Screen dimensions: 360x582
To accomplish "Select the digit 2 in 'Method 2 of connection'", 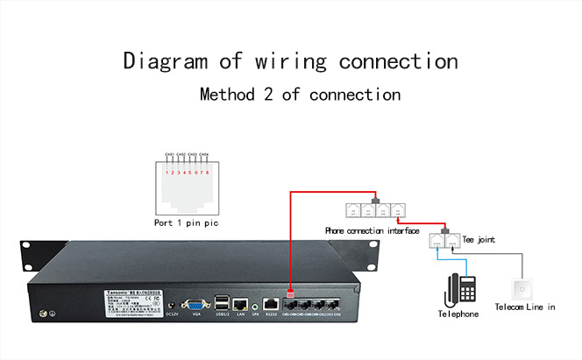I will click(x=273, y=95).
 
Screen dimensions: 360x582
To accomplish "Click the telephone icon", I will click(x=459, y=289).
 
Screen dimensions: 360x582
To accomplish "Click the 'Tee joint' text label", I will click(x=479, y=238).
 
